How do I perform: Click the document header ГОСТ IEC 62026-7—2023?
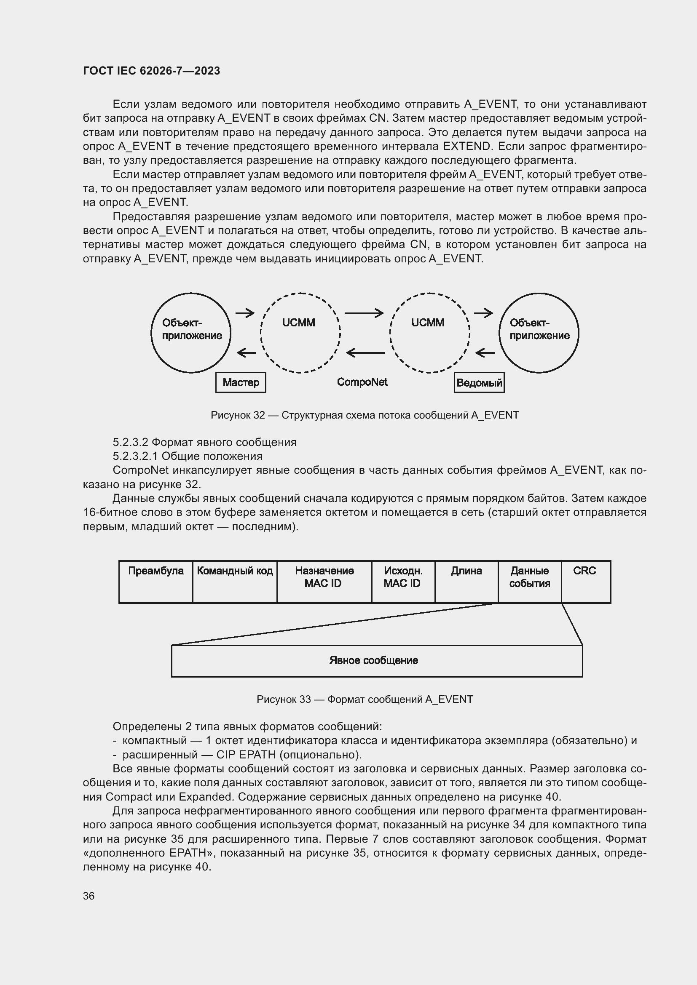click(151, 71)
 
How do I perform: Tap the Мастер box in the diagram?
click(240, 382)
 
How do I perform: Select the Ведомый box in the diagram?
click(479, 383)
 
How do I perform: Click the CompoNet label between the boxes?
click(362, 382)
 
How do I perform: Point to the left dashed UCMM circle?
click(300, 333)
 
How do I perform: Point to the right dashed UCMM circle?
click(429, 333)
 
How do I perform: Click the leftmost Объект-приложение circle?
click(191, 333)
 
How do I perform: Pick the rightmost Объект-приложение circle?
click(539, 333)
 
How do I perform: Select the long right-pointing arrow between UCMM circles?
click(364, 313)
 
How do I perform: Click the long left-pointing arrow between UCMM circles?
click(365, 353)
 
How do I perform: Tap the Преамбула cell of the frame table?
click(156, 581)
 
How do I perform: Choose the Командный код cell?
click(235, 581)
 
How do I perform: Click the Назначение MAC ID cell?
click(324, 581)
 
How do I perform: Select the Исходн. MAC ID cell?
click(403, 581)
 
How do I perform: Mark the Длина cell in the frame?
click(466, 581)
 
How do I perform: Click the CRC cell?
click(585, 581)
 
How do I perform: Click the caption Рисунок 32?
click(365, 415)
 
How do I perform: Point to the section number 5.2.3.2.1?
click(134, 456)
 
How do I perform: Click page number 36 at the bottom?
click(89, 896)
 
